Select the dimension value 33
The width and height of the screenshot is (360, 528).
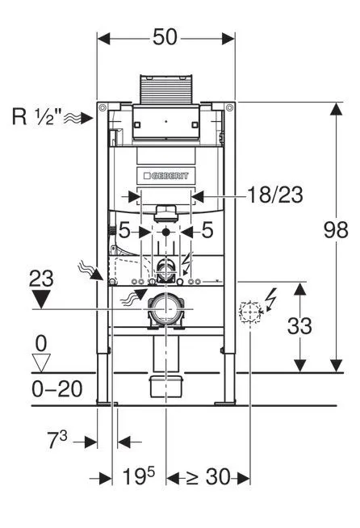[300, 326]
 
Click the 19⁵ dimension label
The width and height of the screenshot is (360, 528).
[139, 478]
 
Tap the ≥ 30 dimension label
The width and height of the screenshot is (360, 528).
[207, 478]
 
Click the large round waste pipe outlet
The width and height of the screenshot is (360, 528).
[166, 310]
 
